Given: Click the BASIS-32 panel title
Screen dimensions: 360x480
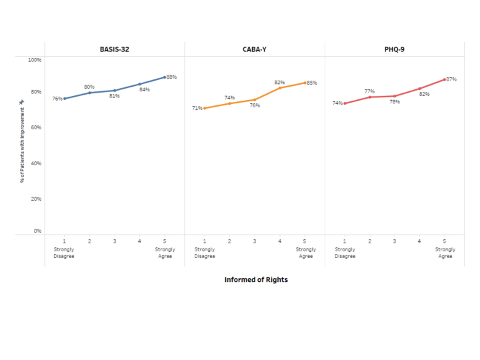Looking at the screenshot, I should pos(114,49).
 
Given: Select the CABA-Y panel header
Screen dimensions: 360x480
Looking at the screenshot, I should pos(255,49).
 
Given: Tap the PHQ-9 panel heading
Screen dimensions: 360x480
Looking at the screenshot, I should pos(395,49).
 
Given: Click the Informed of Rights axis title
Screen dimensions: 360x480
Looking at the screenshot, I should pos(256,279).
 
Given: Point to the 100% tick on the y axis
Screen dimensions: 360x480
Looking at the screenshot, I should pos(34,60).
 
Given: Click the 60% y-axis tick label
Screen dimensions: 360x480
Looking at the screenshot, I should pos(35,127).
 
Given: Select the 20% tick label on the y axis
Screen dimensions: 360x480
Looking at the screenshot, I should pos(35,199).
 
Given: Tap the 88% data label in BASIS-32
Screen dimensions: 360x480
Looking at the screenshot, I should pos(171,77).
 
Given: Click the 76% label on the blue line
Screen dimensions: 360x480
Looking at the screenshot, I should pos(57,99).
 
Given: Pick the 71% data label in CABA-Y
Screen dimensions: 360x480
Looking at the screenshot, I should pos(197,108).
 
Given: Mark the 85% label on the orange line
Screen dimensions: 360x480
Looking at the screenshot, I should pos(311,83).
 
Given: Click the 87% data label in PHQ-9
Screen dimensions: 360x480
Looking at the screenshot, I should pos(451,79).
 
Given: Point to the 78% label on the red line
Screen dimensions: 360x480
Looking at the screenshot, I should pos(395,102).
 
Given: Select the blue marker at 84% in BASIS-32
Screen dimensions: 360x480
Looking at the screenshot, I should pos(139,84).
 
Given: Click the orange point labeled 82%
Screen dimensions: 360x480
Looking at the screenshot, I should pos(279,88).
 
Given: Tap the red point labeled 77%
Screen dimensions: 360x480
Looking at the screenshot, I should pos(369,97).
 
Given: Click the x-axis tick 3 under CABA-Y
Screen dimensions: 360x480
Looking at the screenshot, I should pos(254,241).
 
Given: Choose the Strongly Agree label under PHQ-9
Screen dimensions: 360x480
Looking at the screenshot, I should pos(445,253).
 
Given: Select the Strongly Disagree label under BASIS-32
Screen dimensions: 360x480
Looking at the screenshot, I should pos(65,253).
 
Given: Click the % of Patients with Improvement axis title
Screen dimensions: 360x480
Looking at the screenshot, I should pos(22,147).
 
